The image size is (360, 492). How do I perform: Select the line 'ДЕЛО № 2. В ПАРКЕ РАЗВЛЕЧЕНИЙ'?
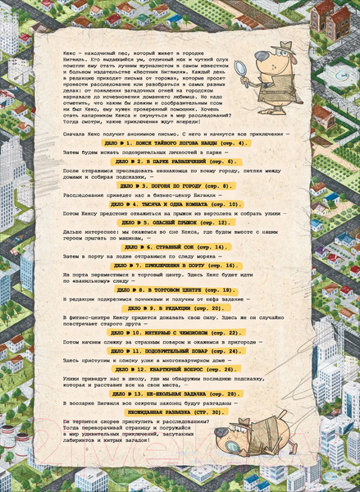pyautogui.click(x=180, y=162)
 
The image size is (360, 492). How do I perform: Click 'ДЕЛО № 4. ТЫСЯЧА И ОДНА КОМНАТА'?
pyautogui.click(x=180, y=203)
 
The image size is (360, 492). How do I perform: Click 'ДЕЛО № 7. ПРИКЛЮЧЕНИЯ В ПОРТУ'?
pyautogui.click(x=180, y=266)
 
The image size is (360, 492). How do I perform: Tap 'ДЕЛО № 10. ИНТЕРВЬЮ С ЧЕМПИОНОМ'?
pyautogui.click(x=180, y=332)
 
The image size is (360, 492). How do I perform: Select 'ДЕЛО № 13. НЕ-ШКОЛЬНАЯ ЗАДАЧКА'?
pyautogui.click(x=180, y=394)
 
